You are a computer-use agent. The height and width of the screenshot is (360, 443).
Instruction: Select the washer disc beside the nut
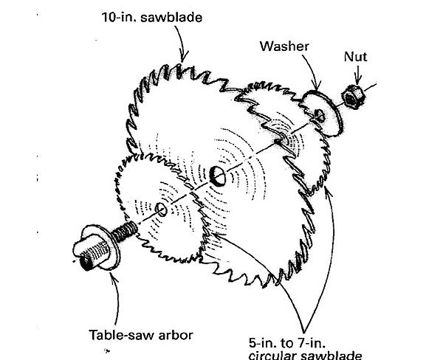pos(323,111)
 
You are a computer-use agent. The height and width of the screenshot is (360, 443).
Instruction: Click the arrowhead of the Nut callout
pos(358,83)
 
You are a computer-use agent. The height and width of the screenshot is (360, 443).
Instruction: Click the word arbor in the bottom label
pos(176,336)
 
